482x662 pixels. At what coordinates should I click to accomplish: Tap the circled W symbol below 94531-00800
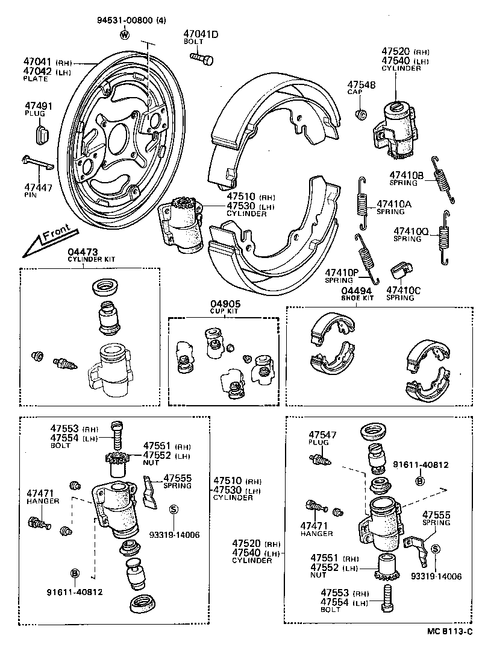[125, 34]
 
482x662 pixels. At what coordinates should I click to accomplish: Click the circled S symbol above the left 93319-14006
[174, 509]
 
